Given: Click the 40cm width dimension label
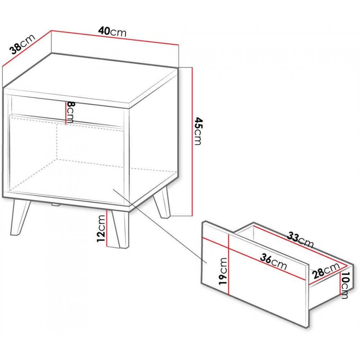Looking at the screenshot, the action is point(112,31).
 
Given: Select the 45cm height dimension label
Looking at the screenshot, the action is point(197,131).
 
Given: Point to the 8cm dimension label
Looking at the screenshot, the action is point(69,112).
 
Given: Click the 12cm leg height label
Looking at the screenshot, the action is point(101,229).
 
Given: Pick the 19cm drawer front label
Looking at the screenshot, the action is point(223,271).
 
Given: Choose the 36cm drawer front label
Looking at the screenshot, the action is point(274,262).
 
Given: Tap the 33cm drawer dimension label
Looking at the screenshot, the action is point(301,240).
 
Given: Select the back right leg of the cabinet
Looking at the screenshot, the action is point(162,202).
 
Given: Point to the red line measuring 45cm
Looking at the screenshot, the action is point(192,141).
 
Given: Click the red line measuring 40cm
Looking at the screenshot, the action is point(115,38).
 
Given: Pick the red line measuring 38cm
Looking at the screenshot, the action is point(26,49).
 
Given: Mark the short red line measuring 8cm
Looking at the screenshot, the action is point(66,113).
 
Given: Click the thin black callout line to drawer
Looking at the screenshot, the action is point(160,226).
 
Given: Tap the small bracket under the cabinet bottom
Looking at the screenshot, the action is point(55,204).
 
